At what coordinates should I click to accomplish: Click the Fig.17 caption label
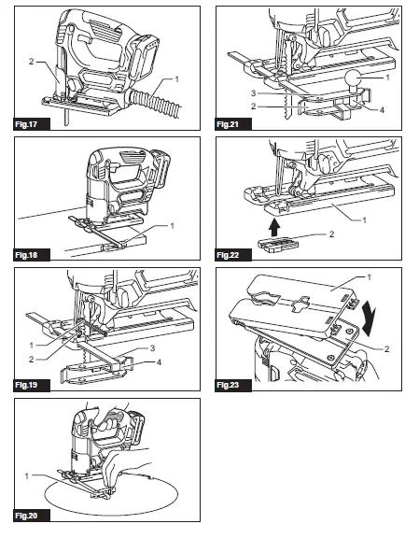[26, 124]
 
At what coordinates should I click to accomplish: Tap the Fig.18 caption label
[26, 255]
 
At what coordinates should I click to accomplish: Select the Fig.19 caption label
[26, 385]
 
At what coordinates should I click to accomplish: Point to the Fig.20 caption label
[26, 516]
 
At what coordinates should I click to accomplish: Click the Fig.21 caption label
[228, 124]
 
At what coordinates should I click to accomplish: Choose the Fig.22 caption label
[228, 255]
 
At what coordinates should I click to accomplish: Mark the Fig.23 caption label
[228, 385]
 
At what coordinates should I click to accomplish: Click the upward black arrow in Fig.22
[274, 228]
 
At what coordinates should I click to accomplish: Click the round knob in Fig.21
[355, 78]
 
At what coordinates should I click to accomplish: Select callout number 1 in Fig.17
[176, 79]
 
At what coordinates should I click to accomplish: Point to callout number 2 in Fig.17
[31, 62]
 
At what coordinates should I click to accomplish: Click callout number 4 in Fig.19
[159, 362]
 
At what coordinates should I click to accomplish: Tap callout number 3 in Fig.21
[253, 93]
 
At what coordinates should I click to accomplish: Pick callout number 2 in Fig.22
[331, 234]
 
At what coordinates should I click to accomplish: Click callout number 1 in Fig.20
[27, 476]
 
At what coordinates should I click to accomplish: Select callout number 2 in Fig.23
[386, 349]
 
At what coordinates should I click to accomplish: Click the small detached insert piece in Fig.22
[278, 245]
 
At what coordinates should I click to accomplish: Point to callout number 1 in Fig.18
[172, 226]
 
